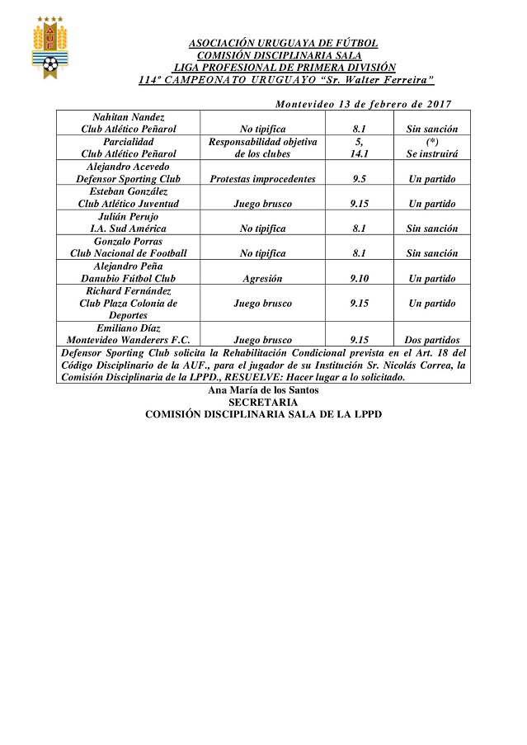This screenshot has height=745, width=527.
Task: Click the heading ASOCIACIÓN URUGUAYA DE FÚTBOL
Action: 283,43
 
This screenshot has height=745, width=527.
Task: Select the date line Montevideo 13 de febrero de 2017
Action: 363,104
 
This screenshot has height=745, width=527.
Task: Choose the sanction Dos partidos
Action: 431,340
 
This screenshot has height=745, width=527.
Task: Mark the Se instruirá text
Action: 431,153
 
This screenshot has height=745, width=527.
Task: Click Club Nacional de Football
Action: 129,253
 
